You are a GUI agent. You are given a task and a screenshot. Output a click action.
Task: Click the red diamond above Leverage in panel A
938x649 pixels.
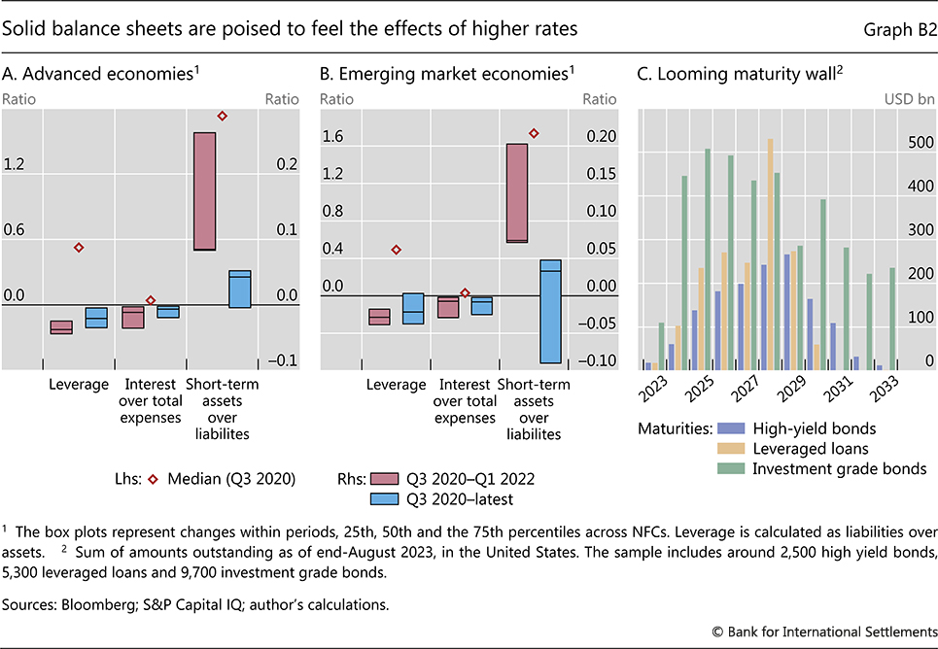click(79, 248)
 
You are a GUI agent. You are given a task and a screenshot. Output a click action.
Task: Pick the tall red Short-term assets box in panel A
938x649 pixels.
click(204, 191)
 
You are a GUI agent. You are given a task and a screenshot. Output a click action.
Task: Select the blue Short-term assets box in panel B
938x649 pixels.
click(550, 311)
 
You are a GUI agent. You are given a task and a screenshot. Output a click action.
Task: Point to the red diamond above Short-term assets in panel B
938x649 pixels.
click(533, 133)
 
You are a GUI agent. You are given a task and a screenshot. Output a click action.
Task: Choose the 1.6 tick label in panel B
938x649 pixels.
click(333, 137)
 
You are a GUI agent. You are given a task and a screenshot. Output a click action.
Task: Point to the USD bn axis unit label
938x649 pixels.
click(909, 98)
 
